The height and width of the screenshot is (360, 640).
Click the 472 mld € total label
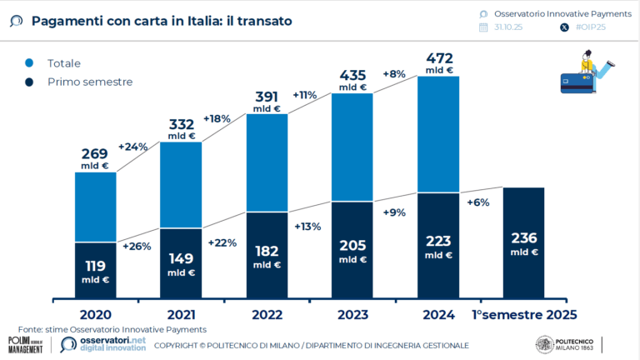[439, 62]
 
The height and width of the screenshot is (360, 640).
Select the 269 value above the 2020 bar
[94, 157]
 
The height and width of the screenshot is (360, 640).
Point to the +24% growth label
[132, 147]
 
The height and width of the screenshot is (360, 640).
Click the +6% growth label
[478, 202]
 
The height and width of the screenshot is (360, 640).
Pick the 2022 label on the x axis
[267, 314]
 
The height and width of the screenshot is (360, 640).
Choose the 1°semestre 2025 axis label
[524, 314]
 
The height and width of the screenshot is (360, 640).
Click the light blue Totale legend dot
[29, 63]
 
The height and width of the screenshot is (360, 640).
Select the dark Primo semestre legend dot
[29, 82]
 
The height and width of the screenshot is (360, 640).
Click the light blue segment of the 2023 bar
[352, 147]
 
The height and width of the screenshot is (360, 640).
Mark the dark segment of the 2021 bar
[181, 262]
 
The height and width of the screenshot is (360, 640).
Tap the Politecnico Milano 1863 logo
[567, 344]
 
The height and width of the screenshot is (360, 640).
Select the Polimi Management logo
[25, 344]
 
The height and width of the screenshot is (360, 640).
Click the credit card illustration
[577, 82]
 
